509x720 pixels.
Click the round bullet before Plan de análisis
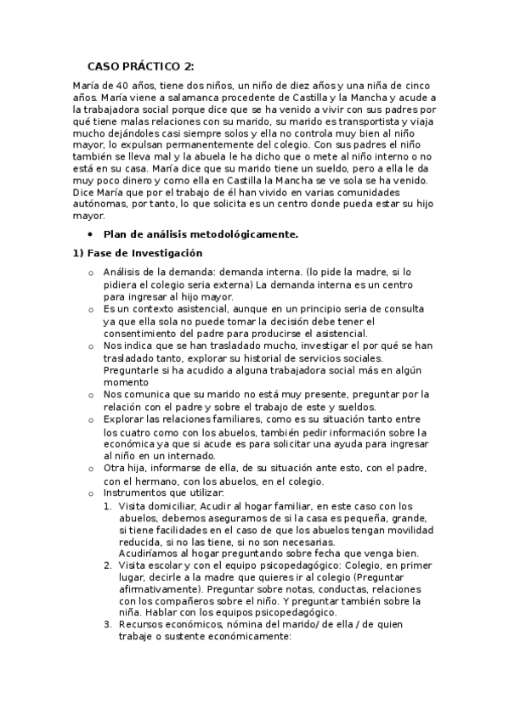(x=90, y=233)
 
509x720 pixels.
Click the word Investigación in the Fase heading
(x=165, y=253)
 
